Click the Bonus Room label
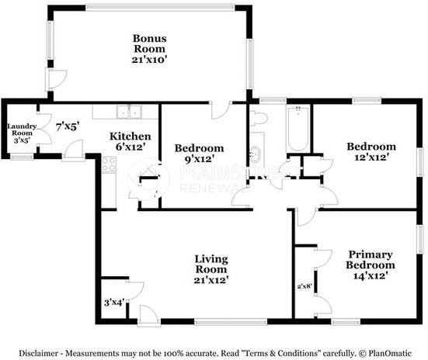(150, 43)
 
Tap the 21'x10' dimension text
(149, 60)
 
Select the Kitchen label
(130, 136)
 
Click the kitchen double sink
(129, 112)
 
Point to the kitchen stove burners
(109, 164)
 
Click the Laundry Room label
(22, 130)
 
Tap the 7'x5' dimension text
(68, 126)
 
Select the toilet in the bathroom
(258, 118)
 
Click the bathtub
(298, 129)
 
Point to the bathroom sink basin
(256, 153)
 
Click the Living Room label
(211, 264)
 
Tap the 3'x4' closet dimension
(115, 303)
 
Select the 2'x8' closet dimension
(305, 286)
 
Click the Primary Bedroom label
(371, 259)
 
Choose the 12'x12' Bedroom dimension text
(371, 157)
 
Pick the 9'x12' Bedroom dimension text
(199, 159)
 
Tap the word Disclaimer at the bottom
(38, 353)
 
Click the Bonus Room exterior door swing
(56, 79)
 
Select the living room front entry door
(148, 316)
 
